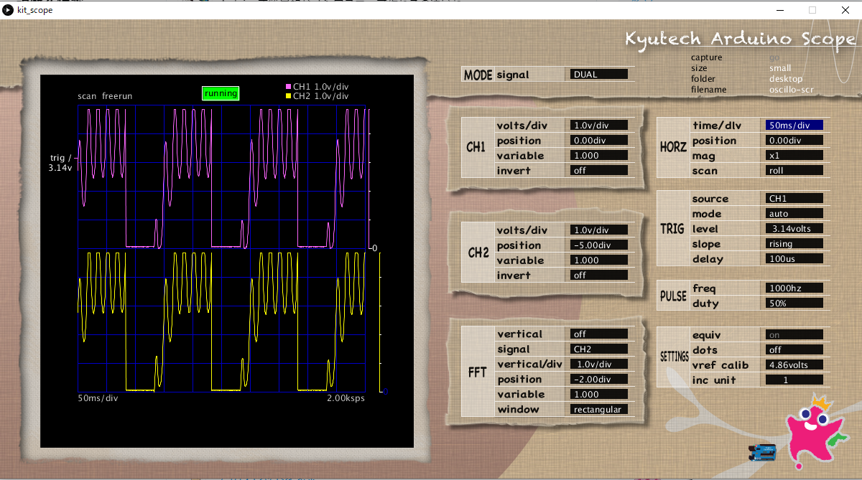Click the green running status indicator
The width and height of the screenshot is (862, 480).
(x=221, y=93)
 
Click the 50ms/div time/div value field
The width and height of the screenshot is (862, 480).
(x=794, y=126)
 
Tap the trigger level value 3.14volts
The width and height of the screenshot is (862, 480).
(x=794, y=229)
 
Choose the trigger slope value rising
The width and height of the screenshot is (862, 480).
(x=794, y=244)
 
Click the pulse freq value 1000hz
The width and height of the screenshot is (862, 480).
(x=794, y=288)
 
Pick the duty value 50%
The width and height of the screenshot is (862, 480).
(x=794, y=303)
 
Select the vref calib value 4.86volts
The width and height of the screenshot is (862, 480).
(x=794, y=364)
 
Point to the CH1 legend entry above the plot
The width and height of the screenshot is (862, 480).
(x=317, y=86)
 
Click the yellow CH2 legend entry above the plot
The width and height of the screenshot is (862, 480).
(x=317, y=96)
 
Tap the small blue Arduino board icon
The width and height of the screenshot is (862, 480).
(x=763, y=452)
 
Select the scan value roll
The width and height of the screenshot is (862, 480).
(x=794, y=171)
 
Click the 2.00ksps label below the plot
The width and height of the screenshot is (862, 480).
(x=346, y=398)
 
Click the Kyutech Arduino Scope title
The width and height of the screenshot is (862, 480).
(x=739, y=39)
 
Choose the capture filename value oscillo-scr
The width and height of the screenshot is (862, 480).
(x=791, y=90)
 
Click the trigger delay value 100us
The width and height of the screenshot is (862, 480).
(x=794, y=259)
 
